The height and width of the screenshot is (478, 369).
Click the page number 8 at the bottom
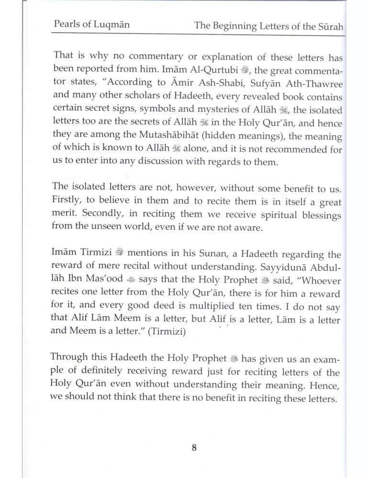pos(193,447)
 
